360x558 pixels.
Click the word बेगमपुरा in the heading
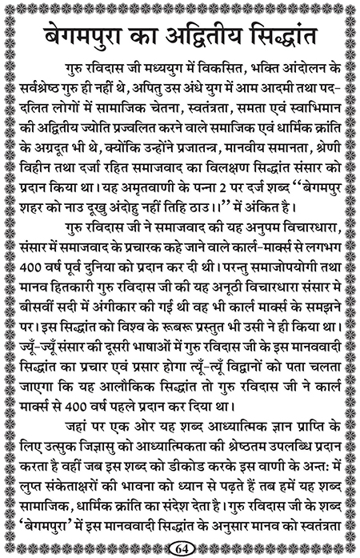coord(78,38)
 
